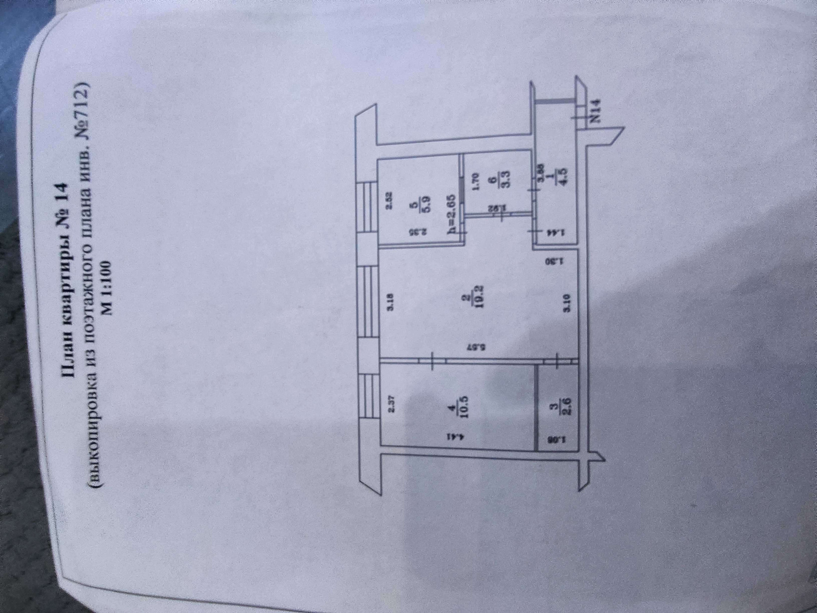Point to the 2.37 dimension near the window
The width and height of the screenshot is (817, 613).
(x=392, y=404)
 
